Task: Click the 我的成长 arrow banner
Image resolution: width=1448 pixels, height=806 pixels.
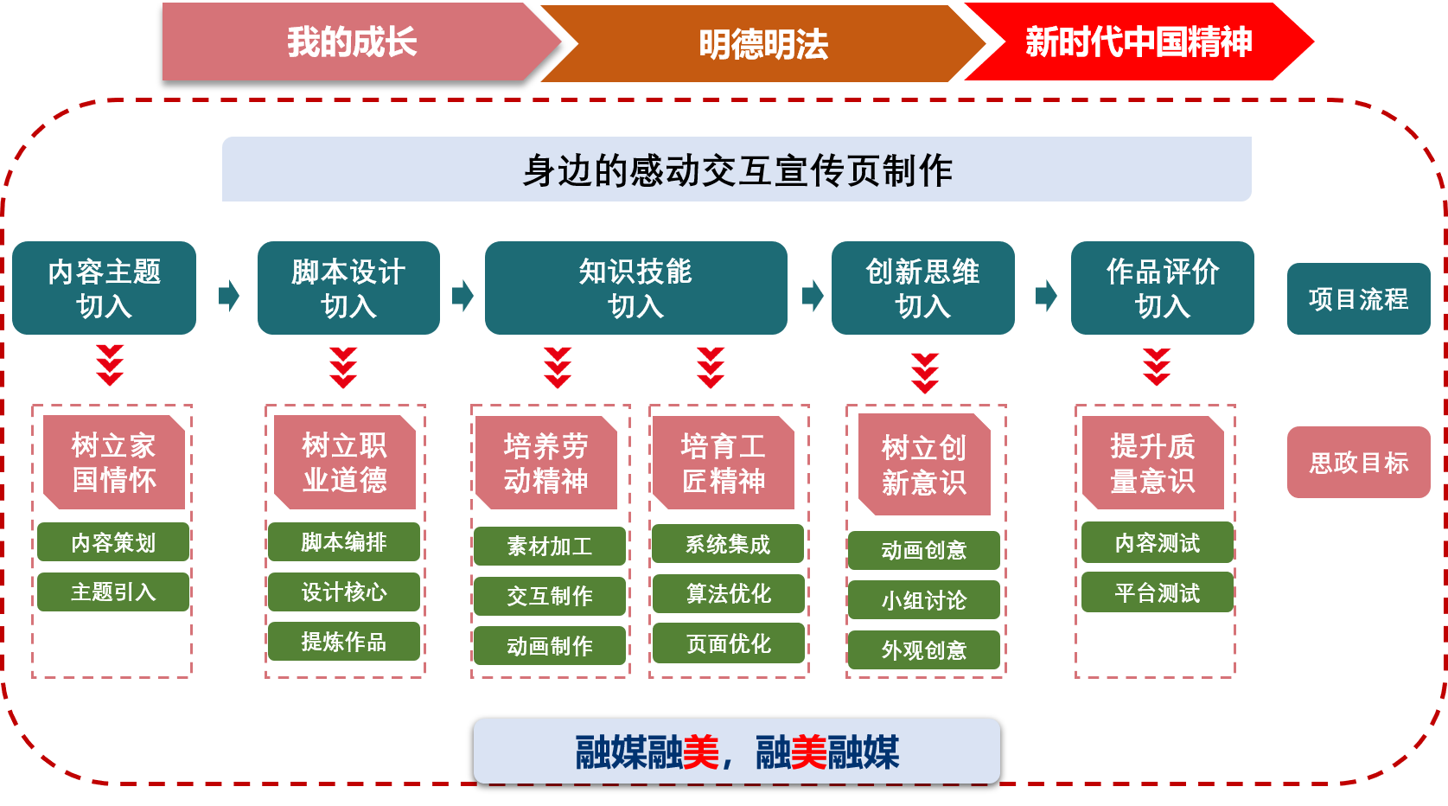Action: coord(352,42)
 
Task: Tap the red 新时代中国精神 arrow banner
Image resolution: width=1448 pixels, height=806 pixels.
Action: coord(1138,42)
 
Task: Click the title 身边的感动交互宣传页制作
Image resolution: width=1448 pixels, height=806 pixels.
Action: coord(737,170)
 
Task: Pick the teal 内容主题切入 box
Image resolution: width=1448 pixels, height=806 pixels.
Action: coord(105,288)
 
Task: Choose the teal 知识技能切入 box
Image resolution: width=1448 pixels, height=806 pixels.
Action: coord(635,288)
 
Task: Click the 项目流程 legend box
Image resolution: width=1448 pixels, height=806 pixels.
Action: coord(1358,299)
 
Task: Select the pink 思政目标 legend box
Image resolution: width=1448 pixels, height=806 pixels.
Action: coord(1358,463)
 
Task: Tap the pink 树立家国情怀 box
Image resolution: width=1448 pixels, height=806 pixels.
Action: coord(114,463)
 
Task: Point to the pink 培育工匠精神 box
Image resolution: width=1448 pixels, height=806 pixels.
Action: coord(723,464)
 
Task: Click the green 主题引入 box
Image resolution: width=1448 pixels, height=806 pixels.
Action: coord(113,592)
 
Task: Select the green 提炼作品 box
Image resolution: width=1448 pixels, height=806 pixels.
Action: coord(343,642)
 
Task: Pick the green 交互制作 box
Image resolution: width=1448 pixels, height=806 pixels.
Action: coord(549,596)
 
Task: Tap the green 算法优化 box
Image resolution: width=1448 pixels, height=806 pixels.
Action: coord(728,594)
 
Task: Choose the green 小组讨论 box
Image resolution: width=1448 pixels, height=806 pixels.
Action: coord(923,600)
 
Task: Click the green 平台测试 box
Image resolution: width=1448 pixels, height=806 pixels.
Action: coord(1157,593)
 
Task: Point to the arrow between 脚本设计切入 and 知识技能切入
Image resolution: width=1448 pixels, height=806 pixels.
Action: coord(463,296)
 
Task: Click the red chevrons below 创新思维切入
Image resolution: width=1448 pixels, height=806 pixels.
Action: coord(924,372)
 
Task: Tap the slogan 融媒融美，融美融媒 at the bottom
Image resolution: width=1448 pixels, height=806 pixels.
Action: coord(737,752)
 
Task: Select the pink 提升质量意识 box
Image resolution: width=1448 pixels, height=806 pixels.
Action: coord(1152,464)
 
